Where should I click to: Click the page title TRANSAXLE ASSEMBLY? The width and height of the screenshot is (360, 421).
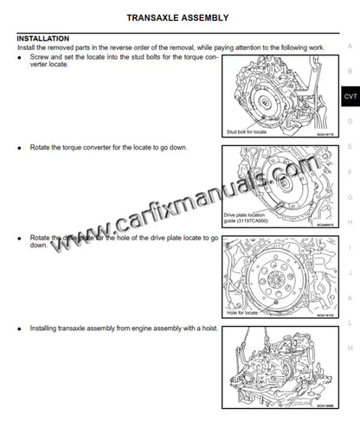pos(177,16)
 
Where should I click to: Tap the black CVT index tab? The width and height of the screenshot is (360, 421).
pos(349,97)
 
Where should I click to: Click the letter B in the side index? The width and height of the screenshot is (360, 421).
pos(350,71)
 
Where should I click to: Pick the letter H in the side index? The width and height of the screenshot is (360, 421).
pos(350,220)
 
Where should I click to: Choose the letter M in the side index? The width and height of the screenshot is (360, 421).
pos(350,346)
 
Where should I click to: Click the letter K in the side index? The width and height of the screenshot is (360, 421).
pos(350,296)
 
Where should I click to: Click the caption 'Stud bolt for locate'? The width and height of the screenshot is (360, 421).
pos(245,131)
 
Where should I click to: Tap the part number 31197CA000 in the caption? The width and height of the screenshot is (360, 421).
pos(247,220)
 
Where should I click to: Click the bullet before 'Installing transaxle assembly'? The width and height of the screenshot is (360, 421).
pos(20,329)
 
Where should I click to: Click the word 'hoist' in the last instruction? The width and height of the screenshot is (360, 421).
pos(205,329)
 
